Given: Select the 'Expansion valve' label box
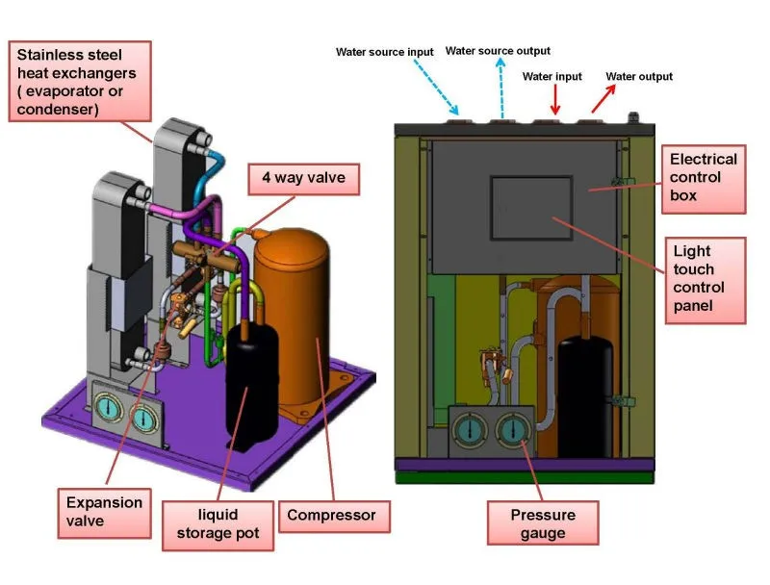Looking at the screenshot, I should click(104, 512).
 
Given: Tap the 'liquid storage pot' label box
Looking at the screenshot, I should click(219, 523).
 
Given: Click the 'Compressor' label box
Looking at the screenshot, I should click(331, 515).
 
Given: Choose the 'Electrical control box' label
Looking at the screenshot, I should click(703, 177).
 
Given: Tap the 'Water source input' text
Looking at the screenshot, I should click(384, 52).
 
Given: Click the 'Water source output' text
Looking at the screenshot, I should click(498, 51).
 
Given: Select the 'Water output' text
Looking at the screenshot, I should click(638, 76).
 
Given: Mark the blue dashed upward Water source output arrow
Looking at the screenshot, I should click(500, 88).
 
